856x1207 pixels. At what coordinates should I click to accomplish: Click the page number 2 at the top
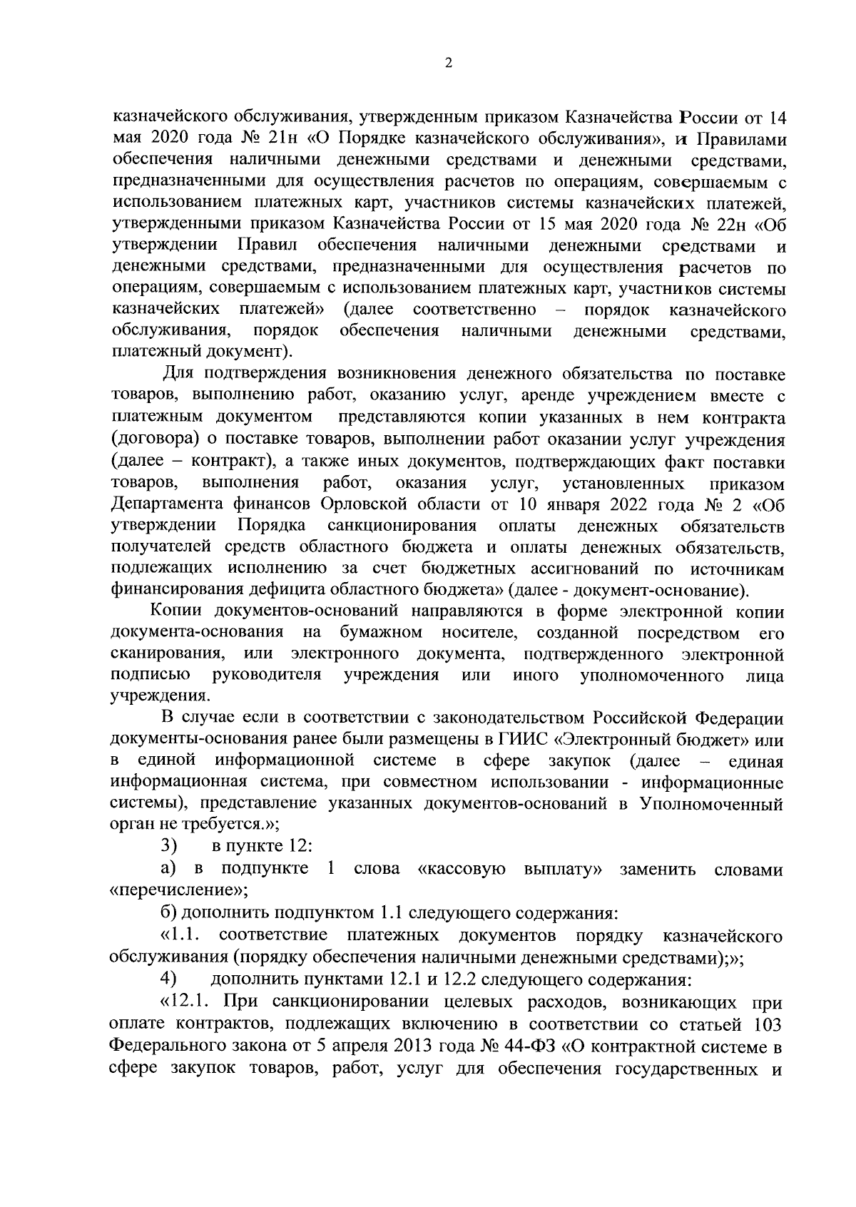point(447,63)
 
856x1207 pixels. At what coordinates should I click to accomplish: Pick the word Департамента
point(168,505)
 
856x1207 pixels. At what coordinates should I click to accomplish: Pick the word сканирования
point(168,654)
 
